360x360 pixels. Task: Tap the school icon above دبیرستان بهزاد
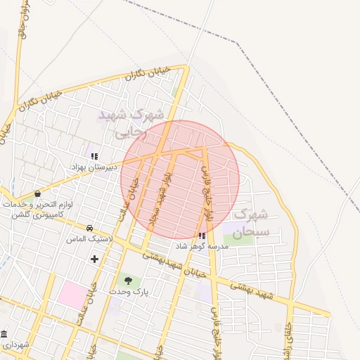95,156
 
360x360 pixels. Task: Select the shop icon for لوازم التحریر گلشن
37,194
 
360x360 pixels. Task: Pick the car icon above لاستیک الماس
90,228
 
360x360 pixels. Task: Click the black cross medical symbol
95,259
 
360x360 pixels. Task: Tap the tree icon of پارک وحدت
128,281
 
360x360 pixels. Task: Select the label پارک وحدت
127,290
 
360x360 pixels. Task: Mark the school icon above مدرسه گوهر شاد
202,236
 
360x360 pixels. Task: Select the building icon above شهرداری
6,333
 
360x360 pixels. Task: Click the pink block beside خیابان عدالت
70,292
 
